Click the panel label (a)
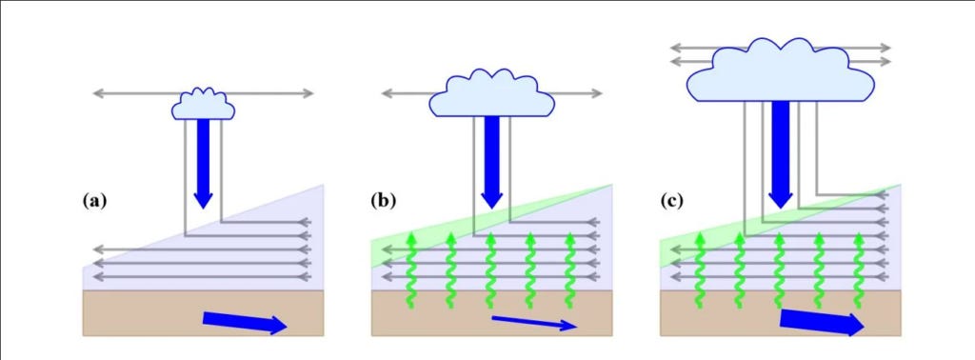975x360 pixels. [94, 201]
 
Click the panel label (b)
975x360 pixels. [383, 201]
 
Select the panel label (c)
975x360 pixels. [672, 201]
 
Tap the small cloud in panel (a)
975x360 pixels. [204, 104]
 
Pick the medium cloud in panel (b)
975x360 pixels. [492, 92]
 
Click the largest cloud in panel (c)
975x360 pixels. [781, 70]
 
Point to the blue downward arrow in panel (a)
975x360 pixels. [204, 164]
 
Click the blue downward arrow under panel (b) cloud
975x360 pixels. [492, 163]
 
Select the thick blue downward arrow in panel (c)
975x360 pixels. [781, 155]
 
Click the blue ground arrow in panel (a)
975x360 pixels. [245, 323]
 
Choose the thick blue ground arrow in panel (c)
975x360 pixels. [822, 322]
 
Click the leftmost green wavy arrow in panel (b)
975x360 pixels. [411, 270]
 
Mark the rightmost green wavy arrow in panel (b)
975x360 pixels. [569, 270]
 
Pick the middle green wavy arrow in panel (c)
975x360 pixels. [779, 270]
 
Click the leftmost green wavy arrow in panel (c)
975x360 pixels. [700, 270]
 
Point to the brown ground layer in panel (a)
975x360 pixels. [204, 313]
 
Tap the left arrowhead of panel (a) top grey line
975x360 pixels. [98, 94]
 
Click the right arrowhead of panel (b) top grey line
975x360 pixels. [597, 94]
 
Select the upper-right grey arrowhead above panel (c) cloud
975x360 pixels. [885, 48]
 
